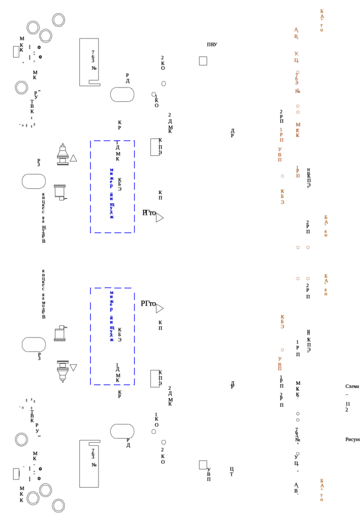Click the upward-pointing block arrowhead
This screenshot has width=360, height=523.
coord(63,149)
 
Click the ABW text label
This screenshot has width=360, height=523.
coord(212,45)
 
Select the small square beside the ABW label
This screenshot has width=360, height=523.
coord(203,60)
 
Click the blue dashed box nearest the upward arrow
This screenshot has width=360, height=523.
coord(113,187)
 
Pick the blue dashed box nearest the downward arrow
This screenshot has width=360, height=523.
coord(113,336)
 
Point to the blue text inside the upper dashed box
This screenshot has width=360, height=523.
coord(112,193)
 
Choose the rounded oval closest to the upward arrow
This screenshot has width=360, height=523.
coord(34,181)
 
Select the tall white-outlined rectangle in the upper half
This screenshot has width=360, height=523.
coord(89,62)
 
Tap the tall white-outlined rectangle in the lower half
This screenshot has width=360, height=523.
coord(89,464)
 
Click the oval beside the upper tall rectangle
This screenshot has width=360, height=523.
coord(122,94)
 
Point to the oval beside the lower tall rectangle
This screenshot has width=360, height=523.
coord(122,431)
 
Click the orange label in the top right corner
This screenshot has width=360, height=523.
coord(321,20)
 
